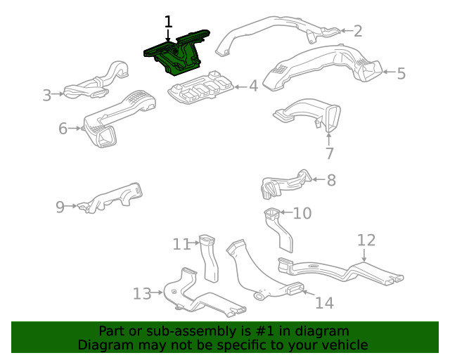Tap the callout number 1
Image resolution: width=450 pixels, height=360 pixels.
coord(168,22)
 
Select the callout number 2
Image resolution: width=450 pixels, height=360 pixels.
coord(357,30)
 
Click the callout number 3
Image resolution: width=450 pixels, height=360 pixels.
coord(47,95)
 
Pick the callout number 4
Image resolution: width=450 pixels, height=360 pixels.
coord(253,86)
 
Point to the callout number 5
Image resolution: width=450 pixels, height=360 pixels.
coord(401,73)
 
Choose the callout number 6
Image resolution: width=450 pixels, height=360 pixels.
coord(63,129)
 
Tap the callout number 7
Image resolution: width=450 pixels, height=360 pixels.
coord(329,153)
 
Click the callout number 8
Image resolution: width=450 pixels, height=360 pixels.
coord(330,180)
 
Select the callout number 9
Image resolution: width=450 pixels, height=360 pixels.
coord(60,207)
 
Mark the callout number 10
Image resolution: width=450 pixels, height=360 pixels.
coord(301,212)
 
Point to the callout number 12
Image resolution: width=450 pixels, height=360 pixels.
coord(366,240)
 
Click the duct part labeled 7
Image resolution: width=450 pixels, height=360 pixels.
coord(309,114)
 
